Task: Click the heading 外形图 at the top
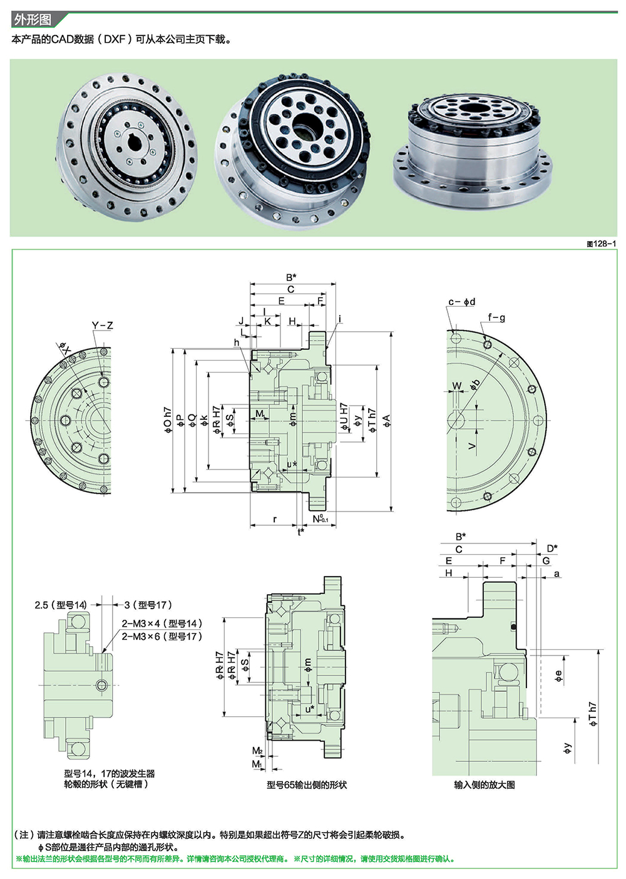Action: [x=32, y=20]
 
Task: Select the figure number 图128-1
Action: [x=601, y=244]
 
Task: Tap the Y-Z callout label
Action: [x=102, y=326]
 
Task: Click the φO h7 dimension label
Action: [x=168, y=420]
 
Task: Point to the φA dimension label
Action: [x=387, y=420]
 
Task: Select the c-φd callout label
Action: [x=461, y=302]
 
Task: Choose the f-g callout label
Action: [x=496, y=317]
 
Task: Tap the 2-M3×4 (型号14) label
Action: [x=162, y=624]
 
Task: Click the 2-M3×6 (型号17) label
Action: [x=162, y=636]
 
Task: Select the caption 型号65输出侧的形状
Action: [x=306, y=784]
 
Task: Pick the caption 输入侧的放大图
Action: [x=484, y=784]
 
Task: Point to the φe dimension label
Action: [x=559, y=676]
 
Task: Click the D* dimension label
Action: [x=552, y=548]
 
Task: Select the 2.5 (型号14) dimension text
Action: [x=61, y=605]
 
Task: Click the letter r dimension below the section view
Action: [x=275, y=519]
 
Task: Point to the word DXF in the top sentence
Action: [x=114, y=39]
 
